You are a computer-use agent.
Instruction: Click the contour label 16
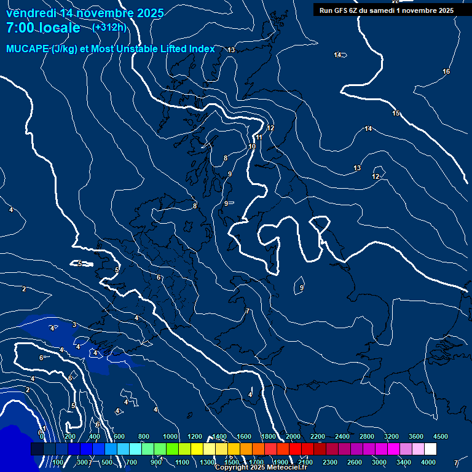click(x=446, y=72)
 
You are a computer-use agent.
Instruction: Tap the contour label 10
click(x=252, y=147)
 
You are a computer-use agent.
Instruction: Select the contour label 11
click(x=259, y=138)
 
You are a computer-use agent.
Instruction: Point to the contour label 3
click(x=74, y=324)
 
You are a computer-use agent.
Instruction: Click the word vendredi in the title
click(x=30, y=13)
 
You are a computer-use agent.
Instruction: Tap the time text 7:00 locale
click(x=43, y=28)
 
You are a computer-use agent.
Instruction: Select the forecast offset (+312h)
click(x=109, y=27)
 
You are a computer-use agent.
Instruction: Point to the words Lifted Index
click(x=184, y=49)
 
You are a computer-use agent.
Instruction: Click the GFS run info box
click(x=387, y=10)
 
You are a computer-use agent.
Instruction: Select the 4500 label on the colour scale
click(x=441, y=436)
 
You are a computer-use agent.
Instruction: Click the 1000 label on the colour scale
click(x=170, y=436)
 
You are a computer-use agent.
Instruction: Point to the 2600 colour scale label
click(x=355, y=462)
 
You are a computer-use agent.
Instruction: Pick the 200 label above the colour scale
click(x=69, y=436)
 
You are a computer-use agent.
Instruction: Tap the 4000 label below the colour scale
click(x=428, y=462)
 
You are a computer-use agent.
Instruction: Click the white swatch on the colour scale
click(x=430, y=449)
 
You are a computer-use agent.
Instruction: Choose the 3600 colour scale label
click(x=416, y=436)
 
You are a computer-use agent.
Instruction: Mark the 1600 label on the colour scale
click(x=244, y=436)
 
